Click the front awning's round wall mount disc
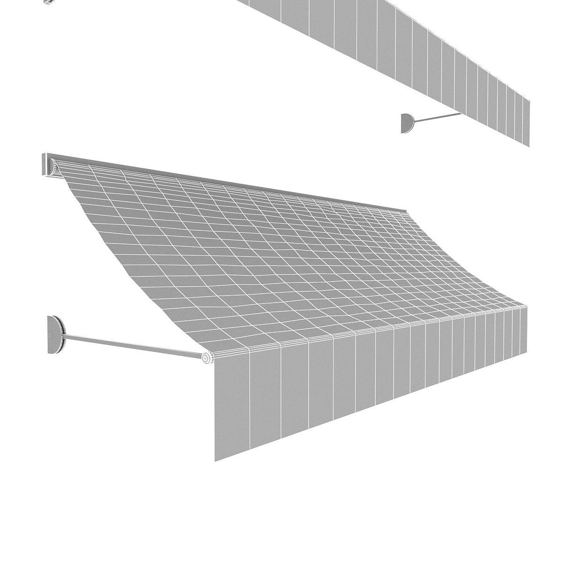55,334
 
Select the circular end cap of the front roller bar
207,358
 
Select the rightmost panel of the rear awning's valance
526,121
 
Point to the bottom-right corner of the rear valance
530,146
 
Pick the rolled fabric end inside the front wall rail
53,167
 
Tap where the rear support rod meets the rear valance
461,114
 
